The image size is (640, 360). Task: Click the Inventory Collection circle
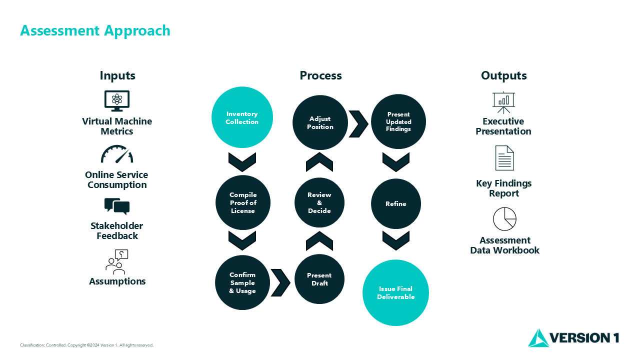point(242,117)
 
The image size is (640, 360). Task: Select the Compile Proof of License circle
point(243,202)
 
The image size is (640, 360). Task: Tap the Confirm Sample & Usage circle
point(242,282)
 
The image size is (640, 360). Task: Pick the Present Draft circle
point(319,279)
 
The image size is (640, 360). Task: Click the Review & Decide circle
point(319,202)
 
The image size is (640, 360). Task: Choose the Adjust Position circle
point(320,122)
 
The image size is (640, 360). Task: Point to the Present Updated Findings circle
point(398,121)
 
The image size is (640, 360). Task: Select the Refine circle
point(396,203)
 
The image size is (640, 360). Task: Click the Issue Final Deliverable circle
point(396,292)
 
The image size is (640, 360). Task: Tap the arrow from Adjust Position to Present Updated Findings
point(358,123)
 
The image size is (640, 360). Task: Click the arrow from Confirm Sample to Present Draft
point(280,282)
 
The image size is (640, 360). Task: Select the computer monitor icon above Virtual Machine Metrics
point(117,100)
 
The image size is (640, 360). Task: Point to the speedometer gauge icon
point(117,154)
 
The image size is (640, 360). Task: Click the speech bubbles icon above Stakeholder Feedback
point(117,206)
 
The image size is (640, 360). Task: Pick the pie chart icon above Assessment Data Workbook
point(504,219)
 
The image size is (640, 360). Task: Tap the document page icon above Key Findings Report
point(504,158)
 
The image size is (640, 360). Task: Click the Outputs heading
point(503,75)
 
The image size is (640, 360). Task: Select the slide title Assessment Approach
point(95,30)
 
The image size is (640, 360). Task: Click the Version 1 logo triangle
point(538,338)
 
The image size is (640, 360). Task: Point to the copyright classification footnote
point(86,345)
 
